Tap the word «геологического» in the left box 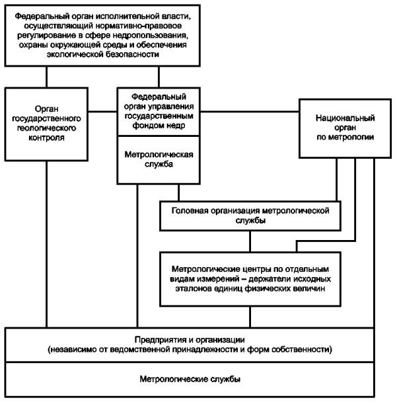(47, 128)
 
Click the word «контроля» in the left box (47, 138)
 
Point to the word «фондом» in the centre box (146, 126)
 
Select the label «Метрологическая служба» (159, 159)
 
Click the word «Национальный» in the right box (345, 118)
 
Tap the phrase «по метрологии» (345, 137)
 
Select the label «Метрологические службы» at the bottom (190, 379)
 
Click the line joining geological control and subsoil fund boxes (102, 112)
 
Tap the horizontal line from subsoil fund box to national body (250, 112)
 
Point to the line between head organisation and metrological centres (250, 241)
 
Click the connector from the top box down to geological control (47, 77)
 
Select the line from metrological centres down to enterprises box (250, 317)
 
